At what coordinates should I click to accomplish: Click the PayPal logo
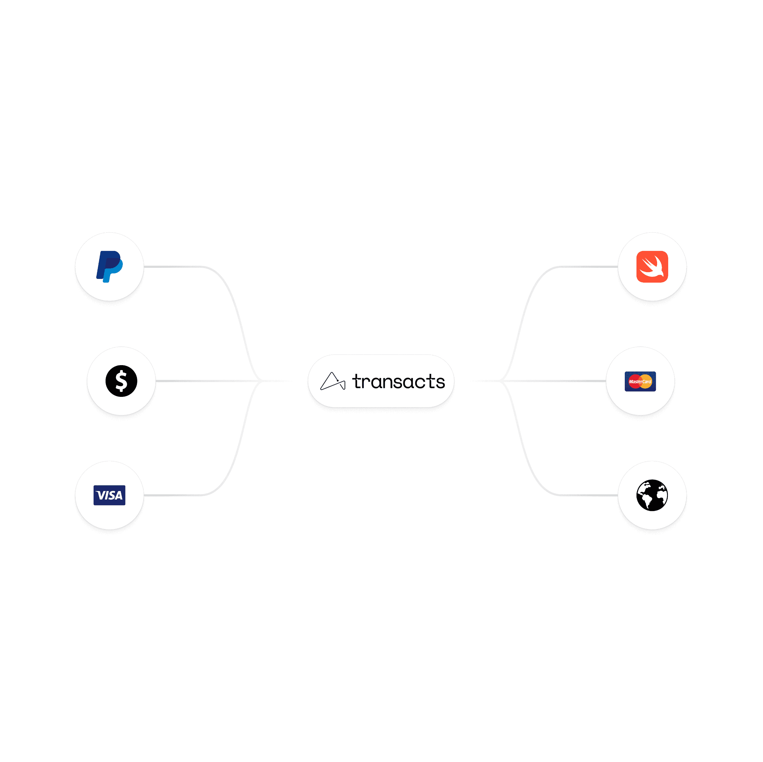109,266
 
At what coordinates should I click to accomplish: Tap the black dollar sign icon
121,381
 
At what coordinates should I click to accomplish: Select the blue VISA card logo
109,495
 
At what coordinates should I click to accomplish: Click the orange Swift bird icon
652,266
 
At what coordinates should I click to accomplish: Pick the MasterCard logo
640,381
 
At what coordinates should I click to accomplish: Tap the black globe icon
652,495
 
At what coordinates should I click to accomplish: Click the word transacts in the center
399,381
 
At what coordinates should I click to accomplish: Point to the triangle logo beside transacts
332,381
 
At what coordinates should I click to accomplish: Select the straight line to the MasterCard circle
553,381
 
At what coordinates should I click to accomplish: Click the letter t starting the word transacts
357,381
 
